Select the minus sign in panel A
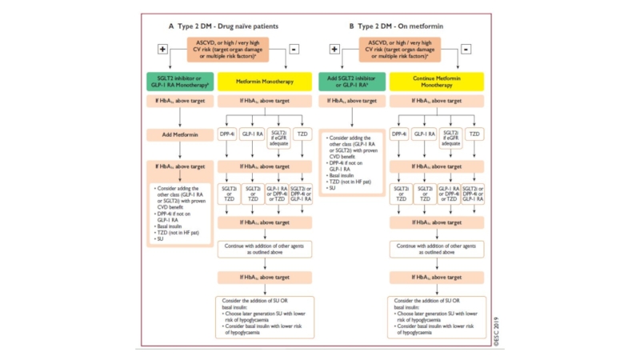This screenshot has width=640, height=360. click(294, 49)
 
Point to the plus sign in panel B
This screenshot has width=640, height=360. click(334, 49)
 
